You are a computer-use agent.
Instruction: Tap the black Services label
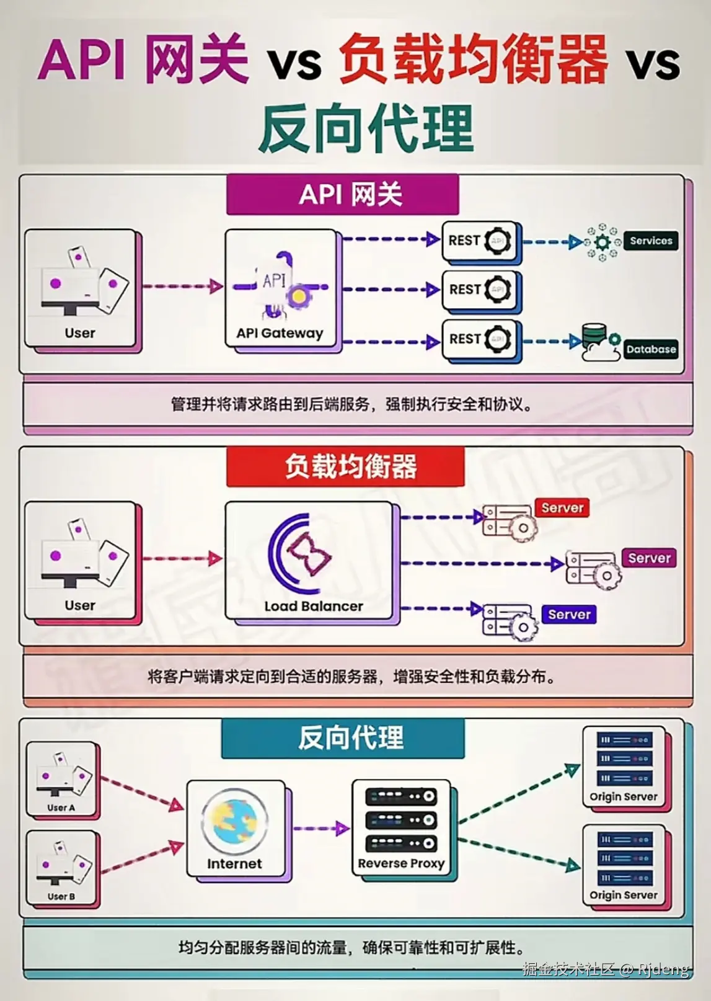[x=651, y=241]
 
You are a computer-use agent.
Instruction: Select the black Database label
[x=650, y=349]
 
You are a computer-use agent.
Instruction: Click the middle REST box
[x=479, y=290]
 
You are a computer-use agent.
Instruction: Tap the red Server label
[x=562, y=508]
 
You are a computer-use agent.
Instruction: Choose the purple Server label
[x=649, y=558]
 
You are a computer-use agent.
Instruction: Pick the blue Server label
[x=569, y=615]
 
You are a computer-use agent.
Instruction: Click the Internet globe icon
[x=234, y=821]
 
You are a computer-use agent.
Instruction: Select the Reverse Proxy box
[x=401, y=827]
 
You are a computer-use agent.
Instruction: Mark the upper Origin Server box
[x=624, y=767]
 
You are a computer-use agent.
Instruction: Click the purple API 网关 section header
[x=343, y=195]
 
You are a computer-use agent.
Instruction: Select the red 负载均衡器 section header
[x=345, y=466]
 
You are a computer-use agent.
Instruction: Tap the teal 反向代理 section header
[x=343, y=738]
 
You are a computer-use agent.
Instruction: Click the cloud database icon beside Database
[x=599, y=343]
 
